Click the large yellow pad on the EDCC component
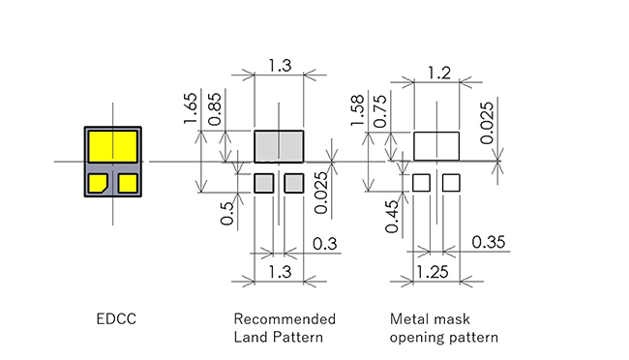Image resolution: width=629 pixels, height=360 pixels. point(112,146)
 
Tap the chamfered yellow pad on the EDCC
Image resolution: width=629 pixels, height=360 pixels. point(98,183)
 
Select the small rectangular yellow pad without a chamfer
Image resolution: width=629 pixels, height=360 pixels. point(128,183)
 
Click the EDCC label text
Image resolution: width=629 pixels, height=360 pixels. point(116,319)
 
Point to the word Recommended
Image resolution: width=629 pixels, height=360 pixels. point(285,319)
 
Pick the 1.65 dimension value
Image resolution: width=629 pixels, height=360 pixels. point(190,108)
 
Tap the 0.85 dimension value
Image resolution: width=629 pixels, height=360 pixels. point(215,109)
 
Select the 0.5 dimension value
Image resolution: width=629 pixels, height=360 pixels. point(227,214)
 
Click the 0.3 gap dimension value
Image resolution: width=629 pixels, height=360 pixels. point(324,244)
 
